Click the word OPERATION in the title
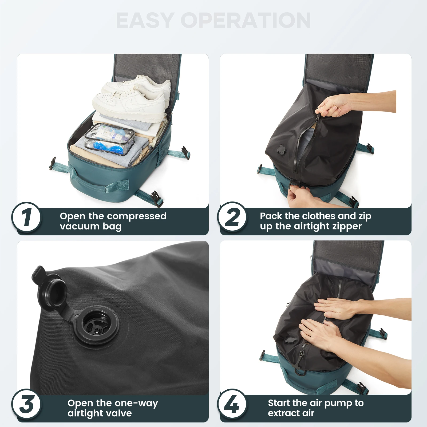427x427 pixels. click(246, 21)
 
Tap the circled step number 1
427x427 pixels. click(26, 218)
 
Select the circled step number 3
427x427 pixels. click(26, 404)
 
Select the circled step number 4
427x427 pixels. click(232, 404)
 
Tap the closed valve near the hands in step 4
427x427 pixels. click(290, 341)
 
